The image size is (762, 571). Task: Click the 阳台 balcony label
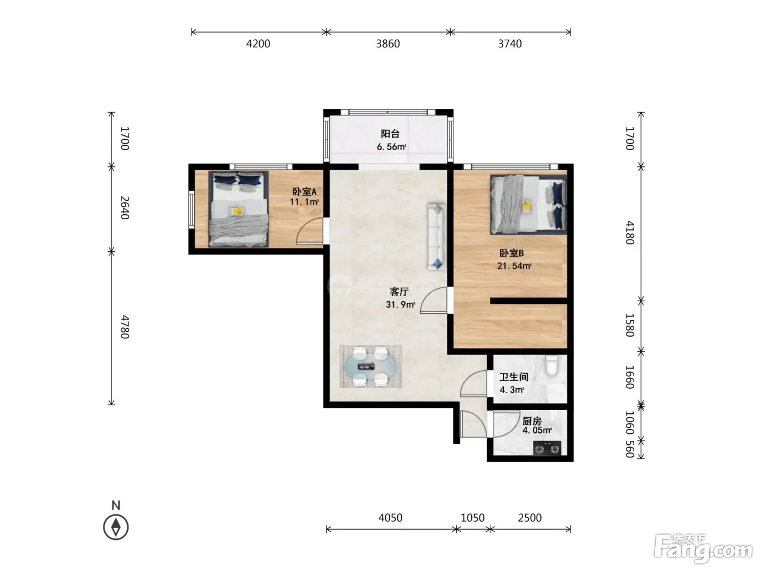pyautogui.click(x=390, y=134)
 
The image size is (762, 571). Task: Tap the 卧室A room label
pyautogui.click(x=304, y=191)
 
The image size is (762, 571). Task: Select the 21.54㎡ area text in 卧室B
pyautogui.click(x=514, y=266)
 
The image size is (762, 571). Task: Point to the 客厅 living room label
pyautogui.click(x=399, y=291)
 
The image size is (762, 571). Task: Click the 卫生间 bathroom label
pyautogui.click(x=514, y=377)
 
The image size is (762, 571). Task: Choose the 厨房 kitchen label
pyautogui.click(x=532, y=421)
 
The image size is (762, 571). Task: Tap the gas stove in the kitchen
pyautogui.click(x=547, y=448)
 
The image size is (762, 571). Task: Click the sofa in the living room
pyautogui.click(x=437, y=237)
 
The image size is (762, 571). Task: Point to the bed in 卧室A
pyautogui.click(x=238, y=209)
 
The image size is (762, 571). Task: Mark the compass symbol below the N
pyautogui.click(x=116, y=527)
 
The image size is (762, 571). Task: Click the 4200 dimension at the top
pyautogui.click(x=258, y=44)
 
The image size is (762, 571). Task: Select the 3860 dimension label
pyautogui.click(x=388, y=44)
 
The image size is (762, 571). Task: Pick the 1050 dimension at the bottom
pyautogui.click(x=472, y=518)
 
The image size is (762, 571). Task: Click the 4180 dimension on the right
pyautogui.click(x=630, y=233)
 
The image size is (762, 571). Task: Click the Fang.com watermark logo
pyautogui.click(x=703, y=549)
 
